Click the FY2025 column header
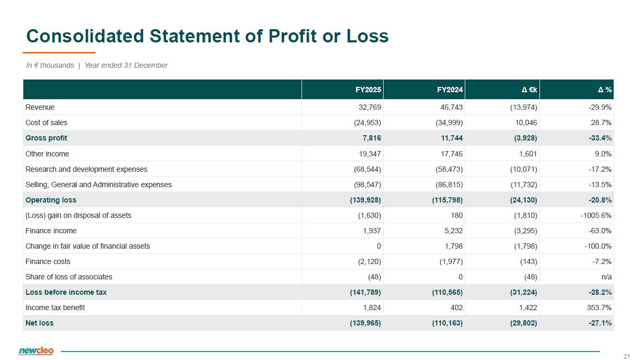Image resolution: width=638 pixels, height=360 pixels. coord(368,90)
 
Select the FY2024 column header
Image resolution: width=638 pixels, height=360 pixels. coord(450,90)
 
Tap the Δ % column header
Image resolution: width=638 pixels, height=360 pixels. coord(605,90)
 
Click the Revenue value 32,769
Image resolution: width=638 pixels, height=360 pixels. coord(370,107)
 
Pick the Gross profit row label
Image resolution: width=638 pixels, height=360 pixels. coord(46,138)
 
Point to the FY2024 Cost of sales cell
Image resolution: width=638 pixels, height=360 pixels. coord(449,122)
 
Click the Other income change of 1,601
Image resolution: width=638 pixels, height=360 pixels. coord(528,154)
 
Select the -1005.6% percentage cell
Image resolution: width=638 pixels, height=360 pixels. coord(596,215)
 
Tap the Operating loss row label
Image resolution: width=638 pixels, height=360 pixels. coord(51,200)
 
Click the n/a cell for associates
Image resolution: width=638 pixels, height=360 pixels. coord(606,277)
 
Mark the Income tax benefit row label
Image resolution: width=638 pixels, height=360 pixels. coord(55,308)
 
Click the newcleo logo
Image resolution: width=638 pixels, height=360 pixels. coord(36,351)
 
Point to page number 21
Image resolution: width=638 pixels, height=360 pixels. coord(626,356)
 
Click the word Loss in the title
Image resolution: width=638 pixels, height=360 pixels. coord(367,36)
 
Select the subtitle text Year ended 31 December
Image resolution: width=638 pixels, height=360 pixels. coord(126,65)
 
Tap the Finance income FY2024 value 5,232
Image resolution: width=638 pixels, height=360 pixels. coord(454,231)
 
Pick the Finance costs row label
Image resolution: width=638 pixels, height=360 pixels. coord(48,261)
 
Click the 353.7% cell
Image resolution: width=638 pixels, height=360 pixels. coord(599,308)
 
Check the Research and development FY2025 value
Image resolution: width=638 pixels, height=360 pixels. coord(367,169)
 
